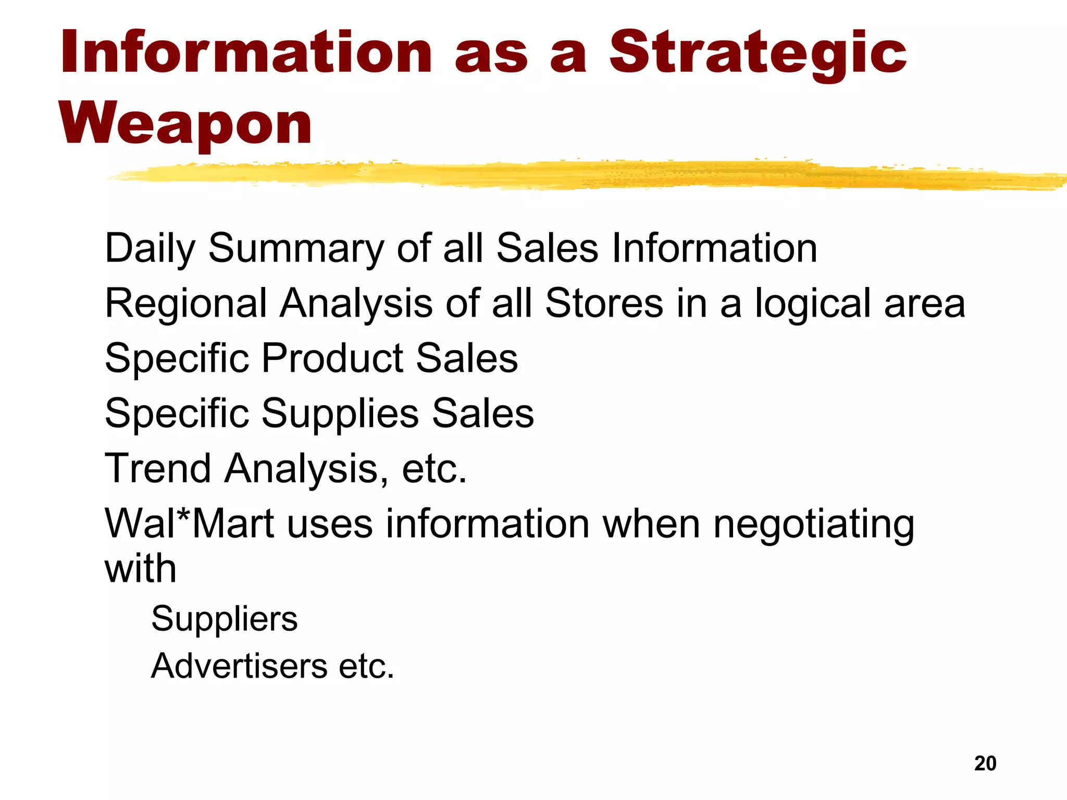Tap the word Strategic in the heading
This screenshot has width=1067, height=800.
[x=758, y=53]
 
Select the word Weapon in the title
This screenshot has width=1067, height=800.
[x=185, y=124]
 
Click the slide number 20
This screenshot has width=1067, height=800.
[x=985, y=764]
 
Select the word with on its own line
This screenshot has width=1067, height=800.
[x=140, y=569]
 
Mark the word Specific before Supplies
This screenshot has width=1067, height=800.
[x=177, y=414]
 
